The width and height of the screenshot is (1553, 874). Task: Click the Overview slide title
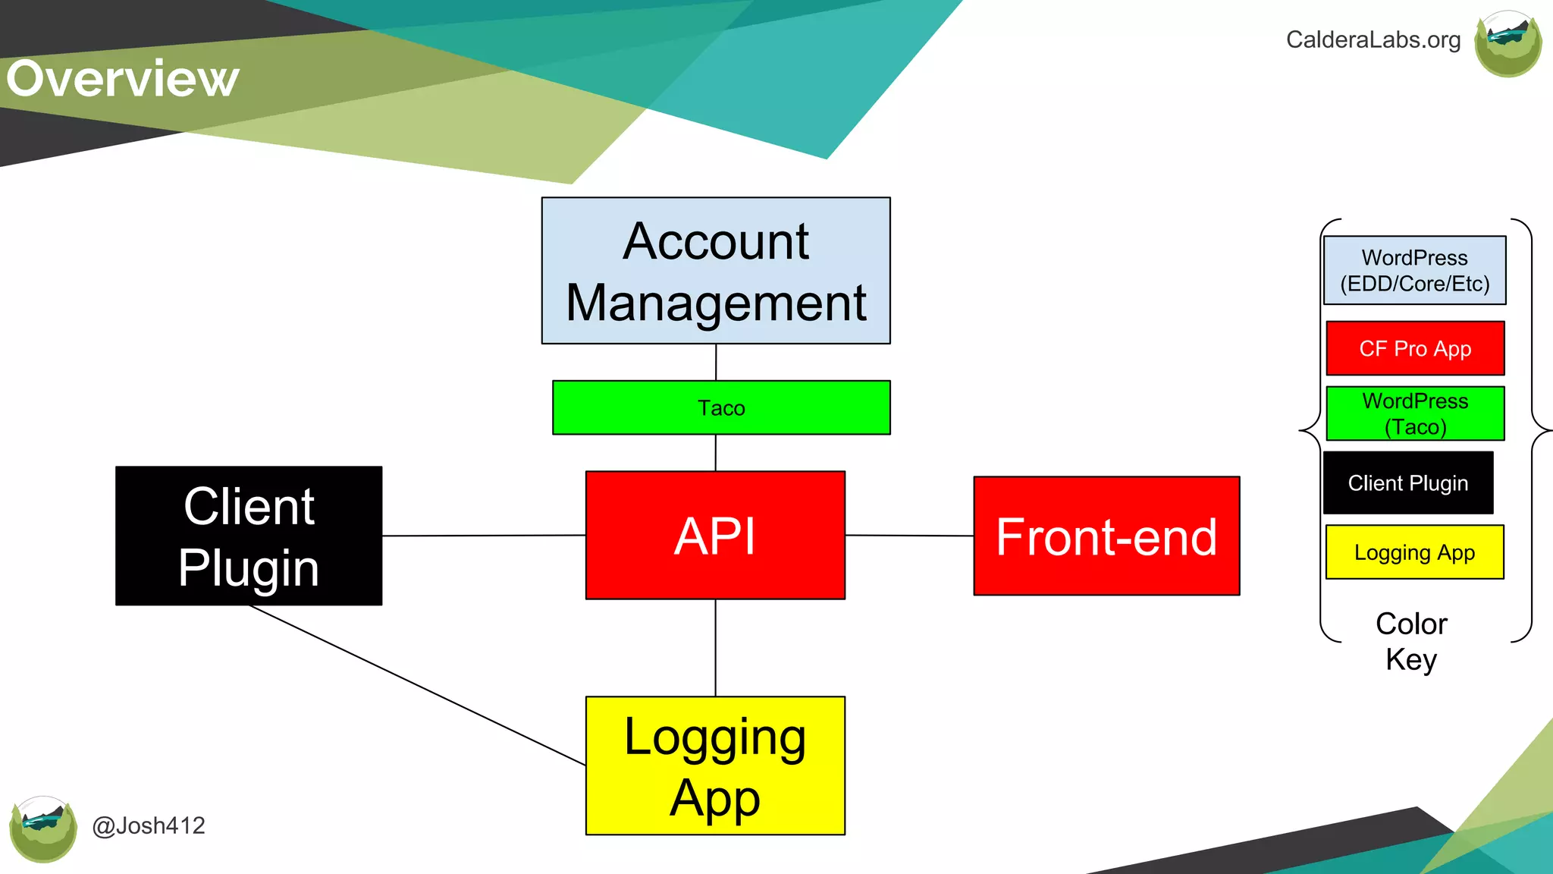123,79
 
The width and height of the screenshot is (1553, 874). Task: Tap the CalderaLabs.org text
1373,39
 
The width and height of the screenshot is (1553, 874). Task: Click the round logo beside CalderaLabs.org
1508,44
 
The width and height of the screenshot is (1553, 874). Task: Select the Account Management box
716,271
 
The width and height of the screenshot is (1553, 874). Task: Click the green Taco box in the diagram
721,407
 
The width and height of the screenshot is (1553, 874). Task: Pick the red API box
715,536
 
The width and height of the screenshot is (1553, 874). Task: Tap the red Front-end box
1106,536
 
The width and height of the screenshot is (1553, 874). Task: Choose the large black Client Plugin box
249,536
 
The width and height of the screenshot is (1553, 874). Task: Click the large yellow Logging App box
715,766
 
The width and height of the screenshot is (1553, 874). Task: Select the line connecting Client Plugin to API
484,536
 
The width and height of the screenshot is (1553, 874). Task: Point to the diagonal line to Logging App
417,685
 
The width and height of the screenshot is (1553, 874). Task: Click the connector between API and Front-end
909,536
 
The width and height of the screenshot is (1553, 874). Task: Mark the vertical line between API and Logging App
715,648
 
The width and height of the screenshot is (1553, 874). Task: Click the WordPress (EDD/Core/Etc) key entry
1414,271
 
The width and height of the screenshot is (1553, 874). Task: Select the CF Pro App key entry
1415,348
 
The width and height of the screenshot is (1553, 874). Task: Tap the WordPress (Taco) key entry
1415,413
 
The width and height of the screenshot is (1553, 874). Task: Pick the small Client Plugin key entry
1408,483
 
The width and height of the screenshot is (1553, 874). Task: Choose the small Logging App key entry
1414,552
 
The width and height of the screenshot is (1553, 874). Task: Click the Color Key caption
1411,641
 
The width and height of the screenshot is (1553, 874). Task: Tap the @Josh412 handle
149,825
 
